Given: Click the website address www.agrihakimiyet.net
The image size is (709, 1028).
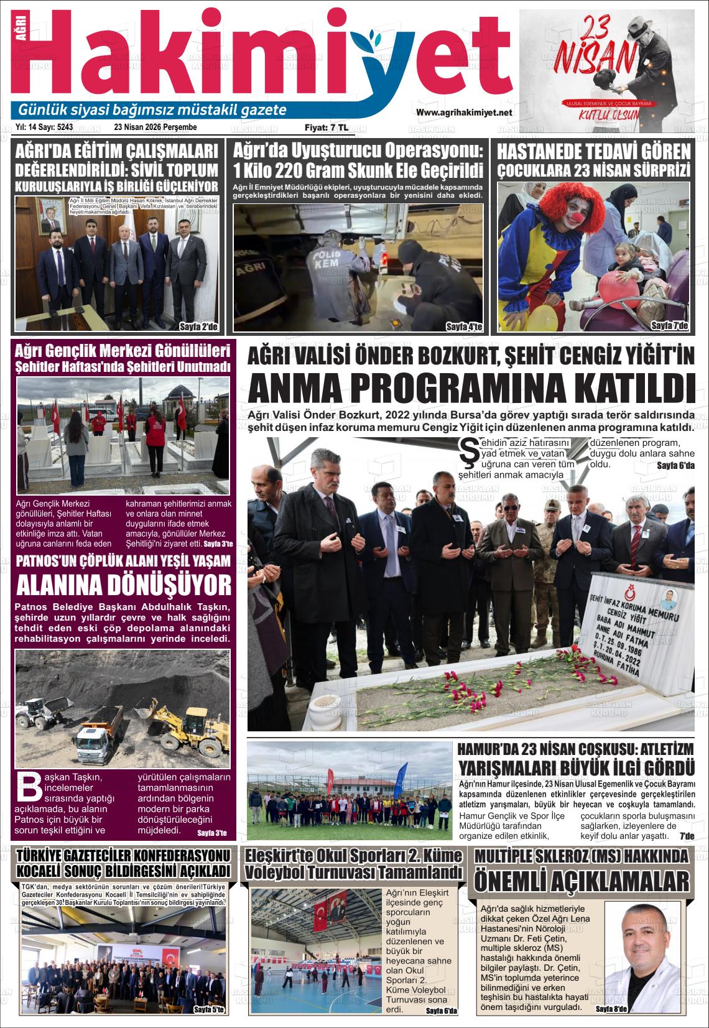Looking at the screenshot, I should [x=463, y=113].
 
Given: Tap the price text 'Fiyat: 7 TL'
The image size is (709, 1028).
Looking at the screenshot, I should [x=326, y=127].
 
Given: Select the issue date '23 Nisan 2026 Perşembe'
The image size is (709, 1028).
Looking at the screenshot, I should [x=155, y=127].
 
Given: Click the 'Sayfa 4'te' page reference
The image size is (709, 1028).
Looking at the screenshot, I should [x=464, y=326].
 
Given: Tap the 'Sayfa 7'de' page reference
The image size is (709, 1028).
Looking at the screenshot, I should [x=669, y=325].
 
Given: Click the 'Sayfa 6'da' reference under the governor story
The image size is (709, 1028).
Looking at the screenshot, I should [x=675, y=466].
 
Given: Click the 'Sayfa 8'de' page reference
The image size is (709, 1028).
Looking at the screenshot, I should [x=611, y=1009].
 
